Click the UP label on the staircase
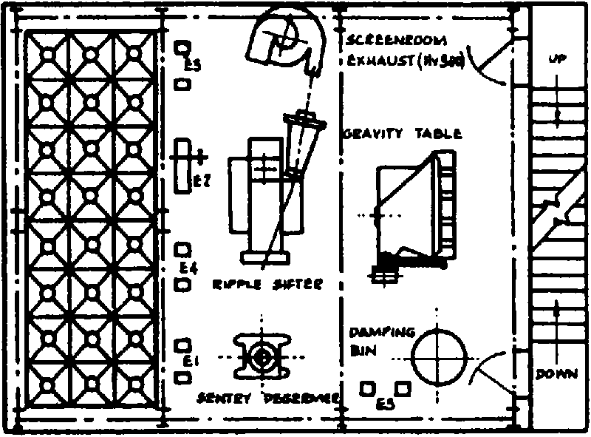(x=558, y=61)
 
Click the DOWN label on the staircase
(x=557, y=373)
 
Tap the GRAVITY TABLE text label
(x=403, y=135)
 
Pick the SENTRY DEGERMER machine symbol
(x=262, y=358)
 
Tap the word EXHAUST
(x=375, y=61)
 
